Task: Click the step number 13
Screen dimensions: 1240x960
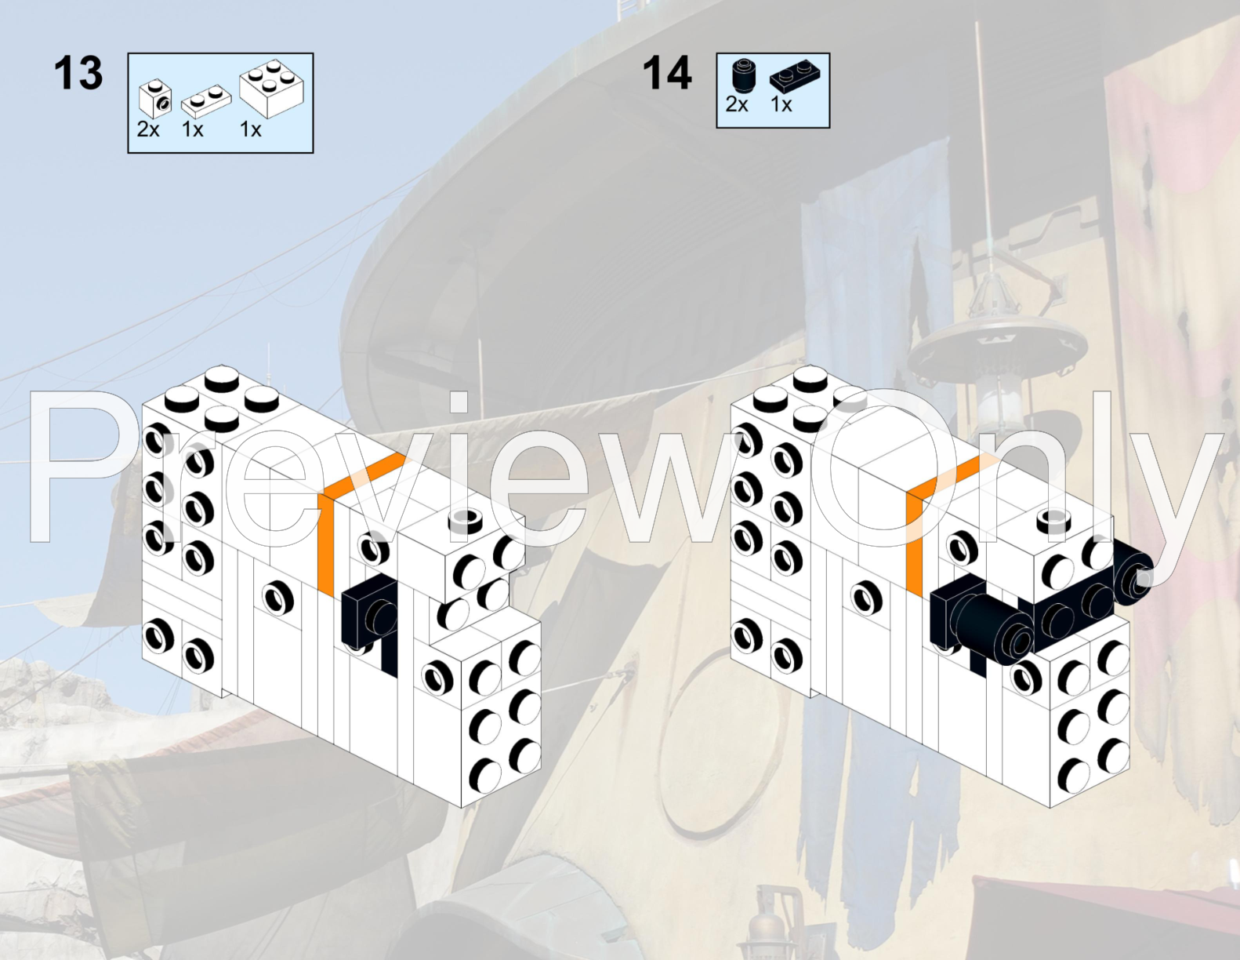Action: (78, 73)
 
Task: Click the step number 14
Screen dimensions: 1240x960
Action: (666, 73)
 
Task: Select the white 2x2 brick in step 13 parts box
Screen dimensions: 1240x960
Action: (272, 89)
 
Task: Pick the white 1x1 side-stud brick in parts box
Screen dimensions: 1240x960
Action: (155, 99)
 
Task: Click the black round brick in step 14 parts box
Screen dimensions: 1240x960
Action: (744, 77)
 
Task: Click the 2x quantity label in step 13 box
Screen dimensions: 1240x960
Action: (148, 129)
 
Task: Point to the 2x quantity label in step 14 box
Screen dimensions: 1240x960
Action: (737, 104)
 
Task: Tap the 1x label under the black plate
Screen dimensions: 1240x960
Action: (781, 104)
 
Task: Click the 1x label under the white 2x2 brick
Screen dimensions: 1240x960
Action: (251, 129)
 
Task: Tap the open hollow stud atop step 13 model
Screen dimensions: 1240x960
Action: (466, 521)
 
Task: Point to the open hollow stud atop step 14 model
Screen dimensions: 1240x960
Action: (1054, 521)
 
